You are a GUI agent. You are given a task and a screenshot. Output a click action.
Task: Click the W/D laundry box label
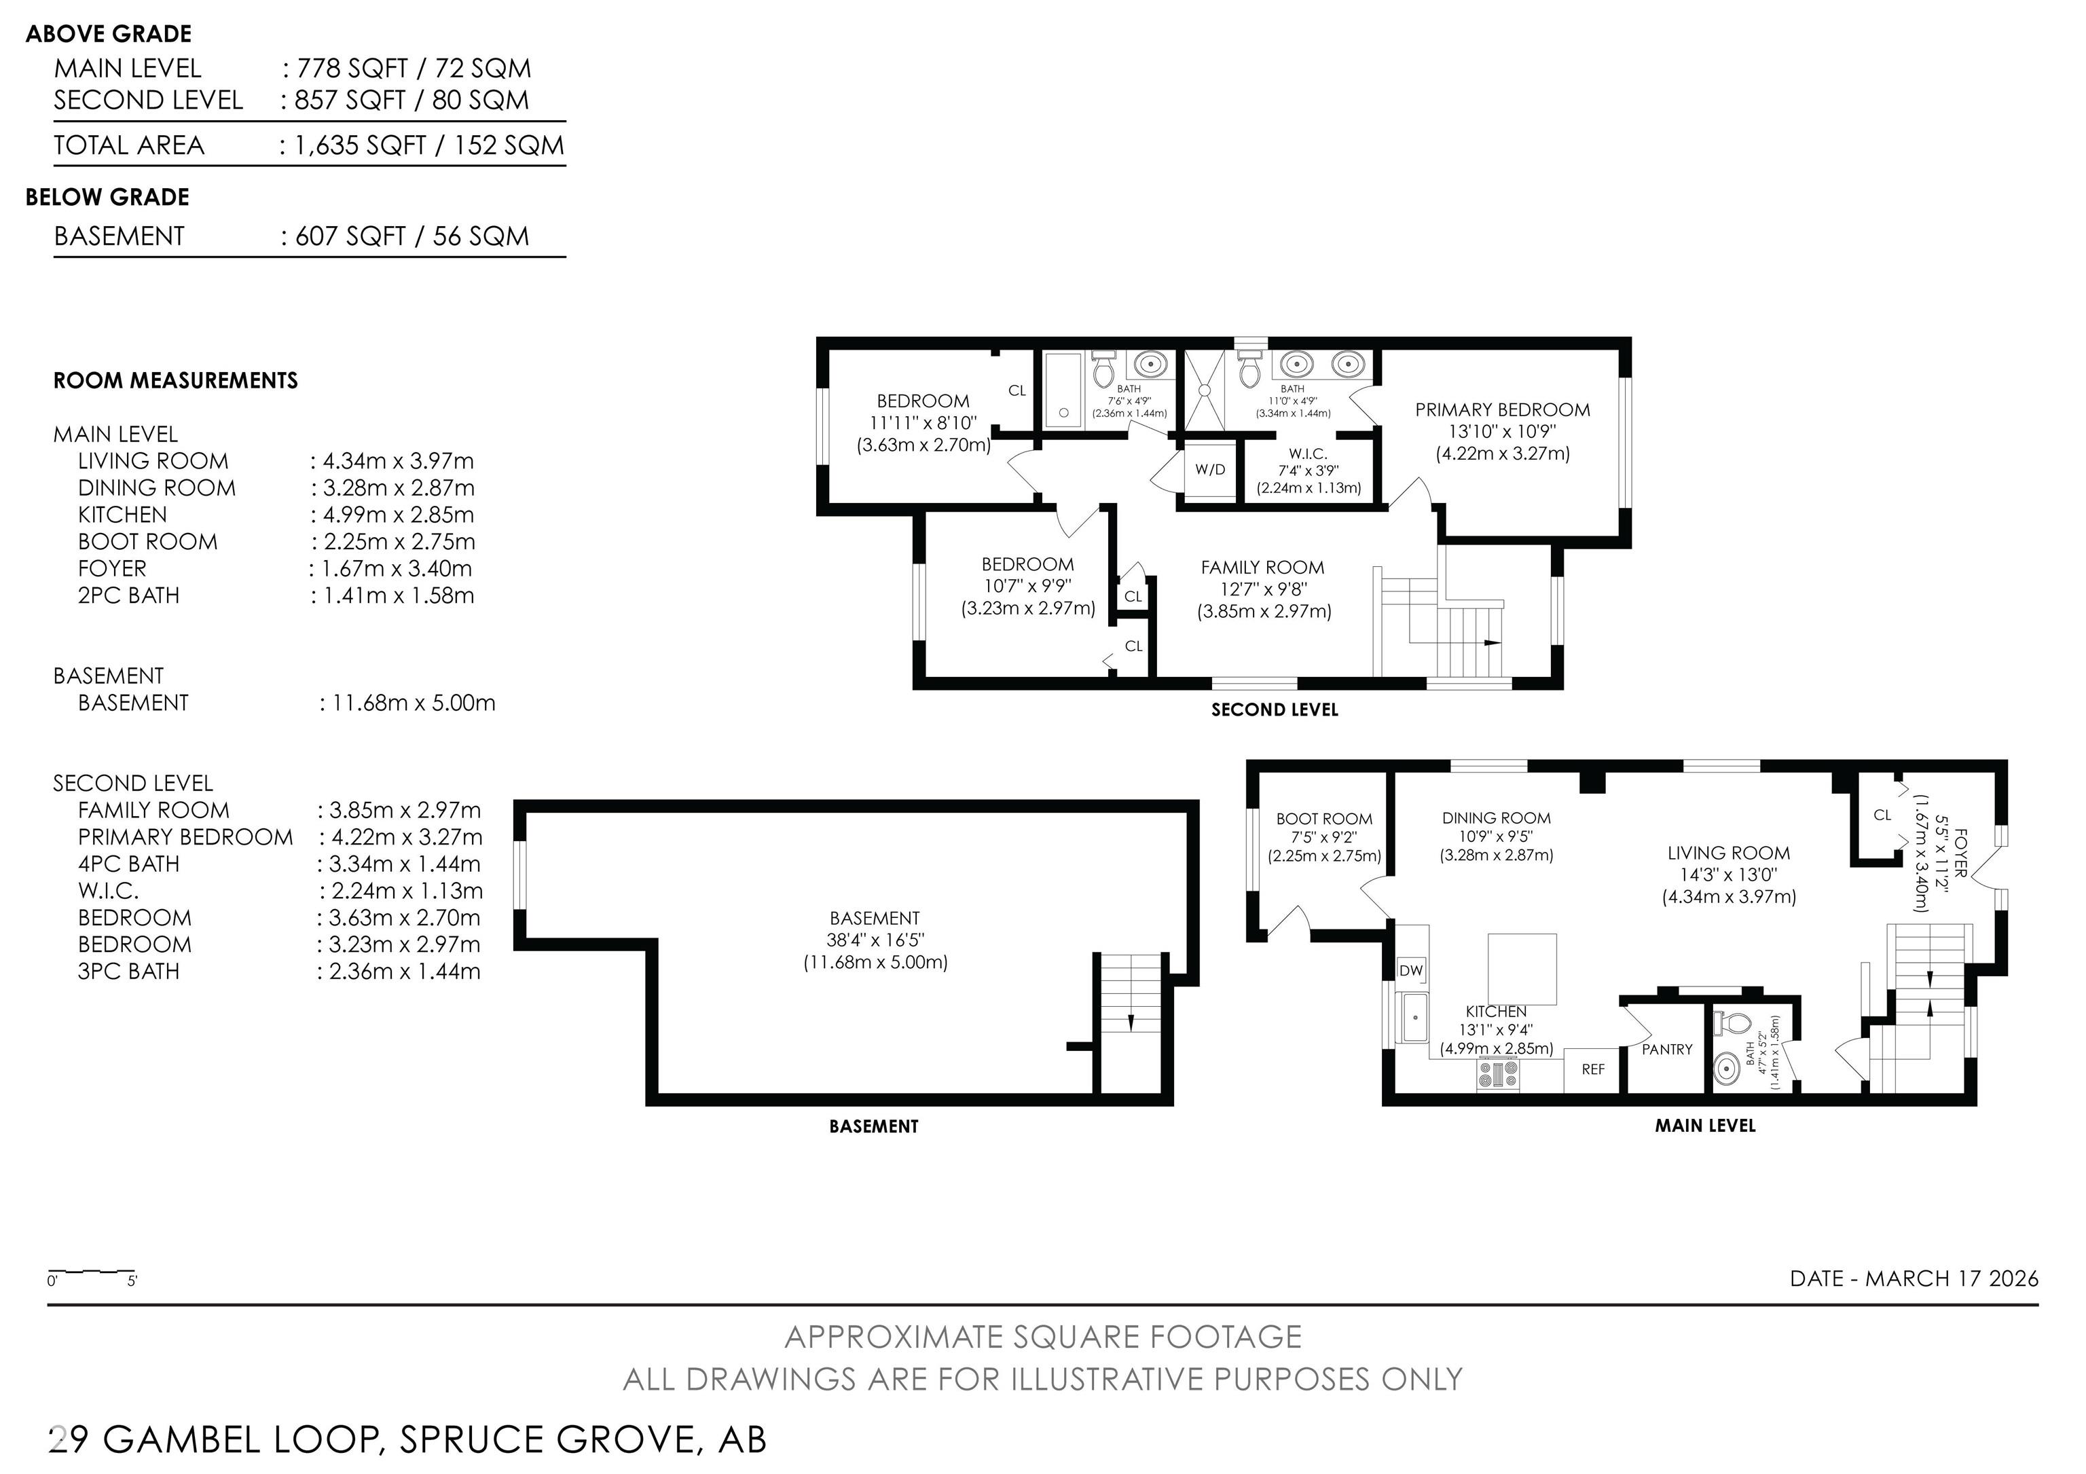[1209, 470]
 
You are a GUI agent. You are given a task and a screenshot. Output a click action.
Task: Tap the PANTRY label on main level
[1666, 1049]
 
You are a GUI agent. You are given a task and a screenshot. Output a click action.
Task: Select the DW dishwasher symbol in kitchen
[1410, 971]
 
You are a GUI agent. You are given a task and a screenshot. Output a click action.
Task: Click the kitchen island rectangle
[1522, 968]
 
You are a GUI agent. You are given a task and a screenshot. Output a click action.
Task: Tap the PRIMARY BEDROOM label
[1502, 409]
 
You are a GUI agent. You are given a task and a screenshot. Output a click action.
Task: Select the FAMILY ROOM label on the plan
[1262, 568]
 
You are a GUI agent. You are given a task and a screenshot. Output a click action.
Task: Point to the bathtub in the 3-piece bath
[1063, 390]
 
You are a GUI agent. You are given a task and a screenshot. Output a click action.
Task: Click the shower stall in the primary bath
[1205, 390]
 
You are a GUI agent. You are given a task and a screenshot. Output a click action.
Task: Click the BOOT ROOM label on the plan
[1323, 818]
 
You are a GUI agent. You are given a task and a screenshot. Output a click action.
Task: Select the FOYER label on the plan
[1960, 852]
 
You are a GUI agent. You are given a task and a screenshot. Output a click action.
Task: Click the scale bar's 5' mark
[132, 1281]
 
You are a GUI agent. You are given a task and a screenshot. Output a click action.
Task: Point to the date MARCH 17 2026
[1952, 1278]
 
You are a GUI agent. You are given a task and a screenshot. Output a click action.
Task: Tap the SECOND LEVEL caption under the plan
[1274, 710]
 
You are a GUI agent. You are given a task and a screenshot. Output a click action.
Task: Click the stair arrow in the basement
[1130, 1022]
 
